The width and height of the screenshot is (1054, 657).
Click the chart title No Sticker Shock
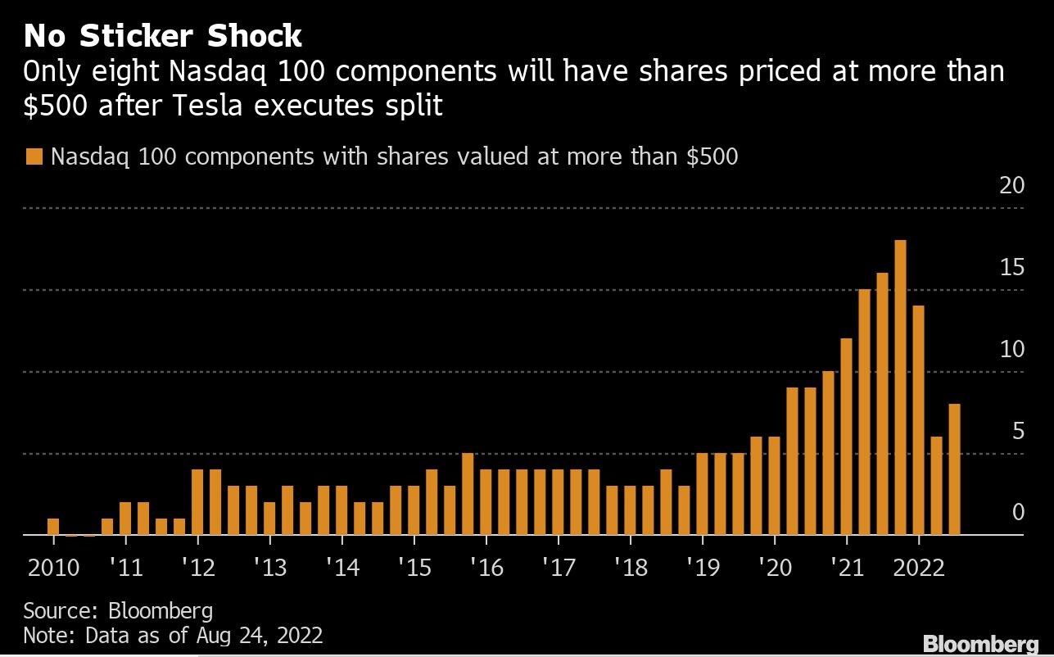pyautogui.click(x=163, y=36)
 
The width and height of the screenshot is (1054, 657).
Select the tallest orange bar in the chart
pyautogui.click(x=900, y=387)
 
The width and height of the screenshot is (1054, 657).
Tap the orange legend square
pyautogui.click(x=34, y=156)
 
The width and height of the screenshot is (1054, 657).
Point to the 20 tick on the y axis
pyautogui.click(x=1012, y=186)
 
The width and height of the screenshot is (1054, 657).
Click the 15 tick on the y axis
pyautogui.click(x=1012, y=268)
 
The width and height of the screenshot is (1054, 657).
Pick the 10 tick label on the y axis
pyautogui.click(x=1012, y=350)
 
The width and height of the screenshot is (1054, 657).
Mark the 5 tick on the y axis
pyautogui.click(x=1018, y=432)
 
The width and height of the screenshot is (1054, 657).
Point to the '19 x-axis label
pyautogui.click(x=703, y=567)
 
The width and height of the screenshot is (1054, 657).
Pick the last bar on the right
pyautogui.click(x=954, y=469)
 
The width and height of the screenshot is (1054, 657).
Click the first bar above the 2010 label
pyautogui.click(x=53, y=526)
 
